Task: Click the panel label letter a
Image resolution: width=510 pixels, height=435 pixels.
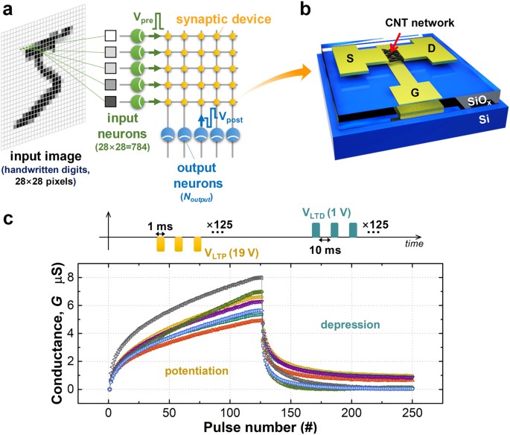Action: tap(9, 10)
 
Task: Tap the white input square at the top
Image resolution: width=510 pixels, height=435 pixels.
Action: tap(110, 35)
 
